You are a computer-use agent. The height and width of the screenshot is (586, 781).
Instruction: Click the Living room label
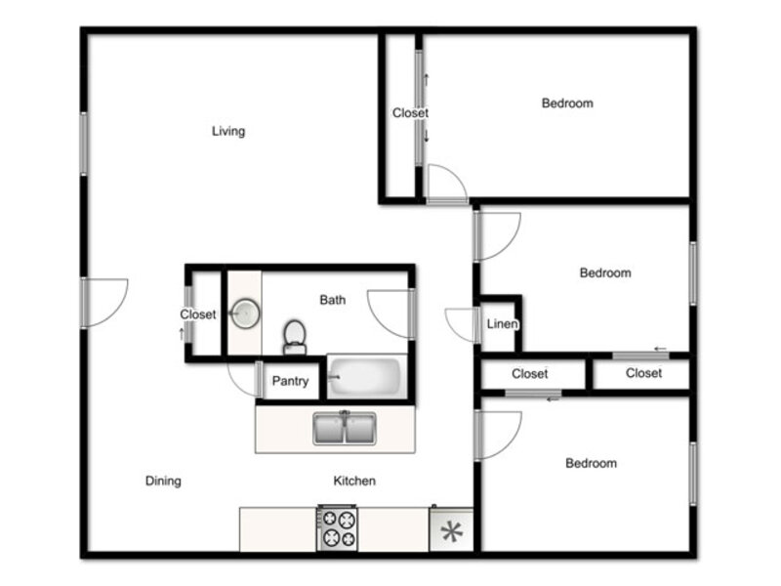pos(228,131)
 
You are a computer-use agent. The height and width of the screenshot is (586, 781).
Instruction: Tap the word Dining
pos(163,481)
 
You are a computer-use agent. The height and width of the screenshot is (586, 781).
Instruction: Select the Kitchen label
pos(354,481)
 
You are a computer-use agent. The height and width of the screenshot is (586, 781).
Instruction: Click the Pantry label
pos(290,381)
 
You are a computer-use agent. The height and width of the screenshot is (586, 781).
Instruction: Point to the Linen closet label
pos(502,324)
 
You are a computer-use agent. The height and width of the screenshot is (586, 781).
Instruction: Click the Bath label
pos(333,300)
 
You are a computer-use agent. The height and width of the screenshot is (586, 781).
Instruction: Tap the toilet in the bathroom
pos(295,337)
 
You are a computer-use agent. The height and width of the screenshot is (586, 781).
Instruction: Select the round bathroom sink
pos(245,314)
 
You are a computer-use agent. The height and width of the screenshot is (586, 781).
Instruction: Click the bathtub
pos(367,376)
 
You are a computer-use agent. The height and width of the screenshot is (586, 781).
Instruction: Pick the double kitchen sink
pos(345,428)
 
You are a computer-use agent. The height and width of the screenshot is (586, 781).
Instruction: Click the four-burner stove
pos(337,528)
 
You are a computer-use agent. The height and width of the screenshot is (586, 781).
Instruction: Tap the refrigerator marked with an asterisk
pos(451,529)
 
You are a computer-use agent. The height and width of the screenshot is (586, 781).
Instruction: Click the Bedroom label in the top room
pos(567,104)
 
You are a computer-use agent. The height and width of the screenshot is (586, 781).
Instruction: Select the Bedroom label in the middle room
pos(605,272)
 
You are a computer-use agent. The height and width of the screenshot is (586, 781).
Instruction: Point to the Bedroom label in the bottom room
pos(592,463)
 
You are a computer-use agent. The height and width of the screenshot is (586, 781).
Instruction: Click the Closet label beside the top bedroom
pos(410,113)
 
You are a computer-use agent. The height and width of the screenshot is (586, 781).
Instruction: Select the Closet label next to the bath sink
pos(198,314)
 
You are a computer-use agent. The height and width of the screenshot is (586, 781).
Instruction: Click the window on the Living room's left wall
pos(84,144)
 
